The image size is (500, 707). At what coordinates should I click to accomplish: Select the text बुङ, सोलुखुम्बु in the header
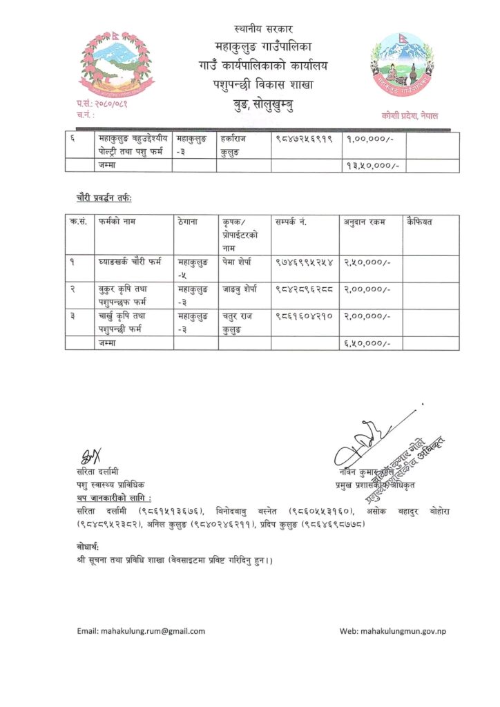tap(264, 106)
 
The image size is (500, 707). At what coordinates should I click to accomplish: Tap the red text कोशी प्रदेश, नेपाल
tap(410, 115)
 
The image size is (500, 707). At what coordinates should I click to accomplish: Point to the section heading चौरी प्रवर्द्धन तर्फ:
tap(104, 198)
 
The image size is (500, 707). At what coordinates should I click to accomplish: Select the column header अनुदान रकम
tap(365, 222)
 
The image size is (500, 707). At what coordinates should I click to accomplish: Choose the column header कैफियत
tap(420, 222)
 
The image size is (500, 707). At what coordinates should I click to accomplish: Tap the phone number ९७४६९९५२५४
tap(305, 262)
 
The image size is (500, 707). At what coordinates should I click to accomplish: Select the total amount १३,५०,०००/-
tap(372, 166)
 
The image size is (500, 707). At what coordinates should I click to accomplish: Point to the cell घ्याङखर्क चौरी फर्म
tap(130, 262)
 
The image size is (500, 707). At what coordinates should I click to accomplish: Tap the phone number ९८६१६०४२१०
tap(305, 316)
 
